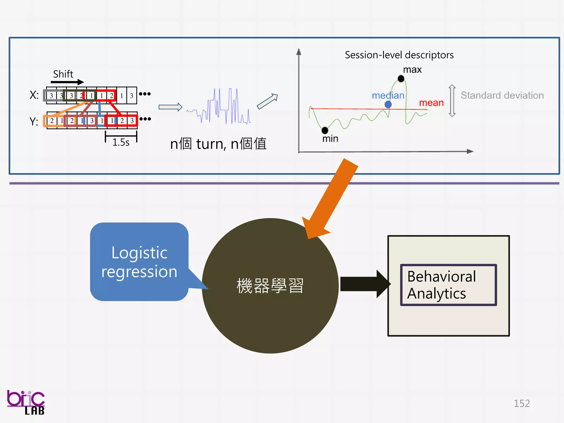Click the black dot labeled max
401,79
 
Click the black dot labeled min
325,130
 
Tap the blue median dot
388,104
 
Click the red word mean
431,103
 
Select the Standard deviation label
502,95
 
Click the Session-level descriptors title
399,55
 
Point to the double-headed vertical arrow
452,101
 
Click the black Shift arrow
67,82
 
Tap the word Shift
63,74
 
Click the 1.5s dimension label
121,142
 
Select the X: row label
34,95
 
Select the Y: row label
34,121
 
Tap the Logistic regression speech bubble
139,262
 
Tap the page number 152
522,403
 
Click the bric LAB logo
26,402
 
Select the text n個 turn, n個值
218,144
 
